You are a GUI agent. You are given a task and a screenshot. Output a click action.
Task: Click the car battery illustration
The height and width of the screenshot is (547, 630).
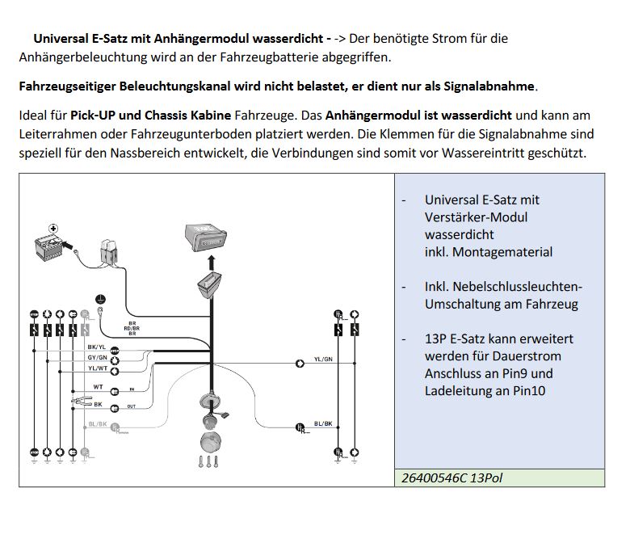click(48, 246)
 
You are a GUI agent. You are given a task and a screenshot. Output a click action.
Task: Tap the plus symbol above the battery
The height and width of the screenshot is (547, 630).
click(54, 229)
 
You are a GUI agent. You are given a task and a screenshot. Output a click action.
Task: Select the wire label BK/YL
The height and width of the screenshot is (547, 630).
click(96, 347)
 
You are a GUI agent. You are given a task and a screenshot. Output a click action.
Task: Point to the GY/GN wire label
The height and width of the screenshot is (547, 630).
click(96, 357)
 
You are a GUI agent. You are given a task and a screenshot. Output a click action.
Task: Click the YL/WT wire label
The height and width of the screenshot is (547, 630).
click(96, 368)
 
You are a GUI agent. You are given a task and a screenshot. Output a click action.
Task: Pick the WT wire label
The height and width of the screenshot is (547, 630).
click(98, 387)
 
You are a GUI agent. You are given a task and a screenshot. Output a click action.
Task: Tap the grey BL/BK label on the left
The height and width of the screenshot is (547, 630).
click(97, 423)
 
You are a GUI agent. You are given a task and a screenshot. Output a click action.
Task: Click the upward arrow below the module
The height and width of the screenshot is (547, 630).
click(212, 262)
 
